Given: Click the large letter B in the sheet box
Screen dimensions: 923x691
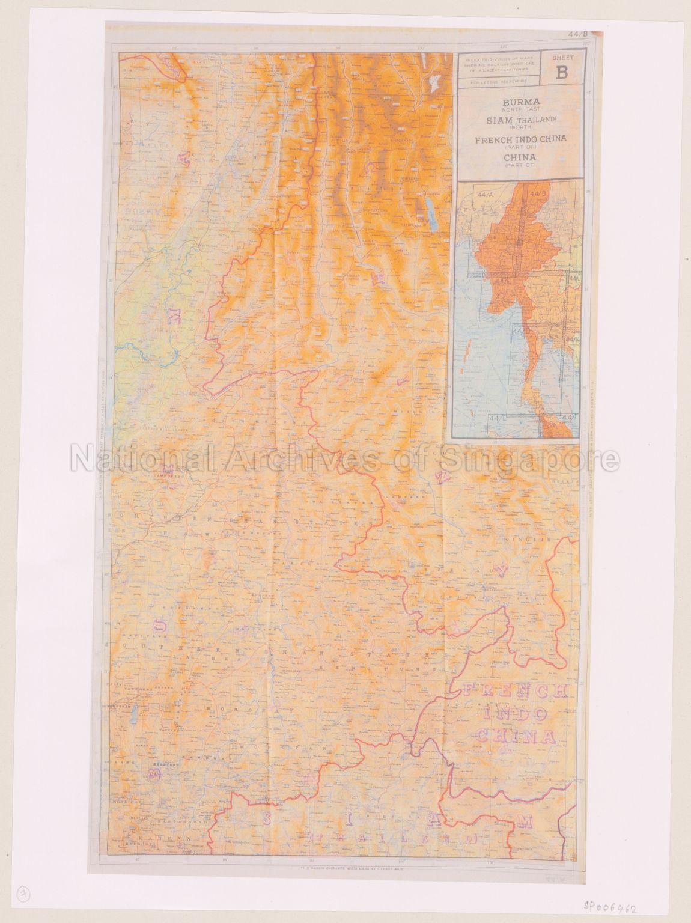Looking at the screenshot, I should click(561, 73).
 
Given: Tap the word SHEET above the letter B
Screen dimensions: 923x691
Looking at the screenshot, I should click(561, 58).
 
